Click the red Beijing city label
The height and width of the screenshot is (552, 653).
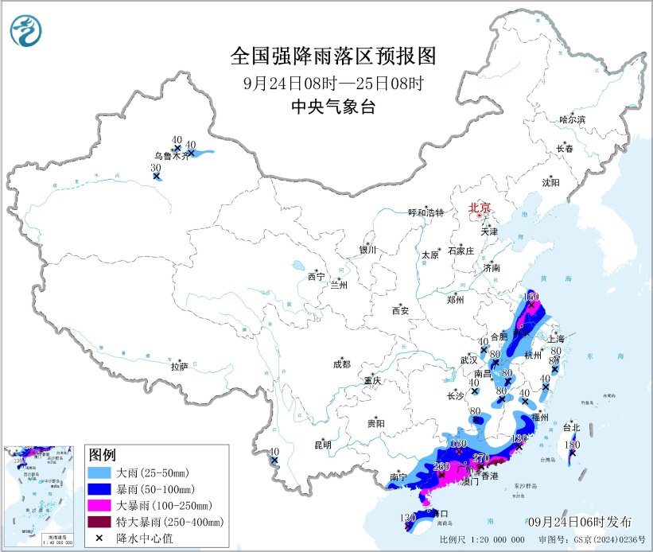coord(479,208)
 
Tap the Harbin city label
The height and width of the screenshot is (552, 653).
coord(571,119)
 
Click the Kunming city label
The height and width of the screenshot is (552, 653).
coord(322,445)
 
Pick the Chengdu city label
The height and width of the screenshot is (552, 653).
coord(342,365)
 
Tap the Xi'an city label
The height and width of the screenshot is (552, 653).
coord(399,311)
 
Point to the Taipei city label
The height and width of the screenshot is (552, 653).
coord(571,427)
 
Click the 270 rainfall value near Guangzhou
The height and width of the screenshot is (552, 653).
coord(480,457)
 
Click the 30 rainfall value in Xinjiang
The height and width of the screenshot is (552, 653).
coord(157,168)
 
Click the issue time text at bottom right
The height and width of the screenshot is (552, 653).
coord(580,522)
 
